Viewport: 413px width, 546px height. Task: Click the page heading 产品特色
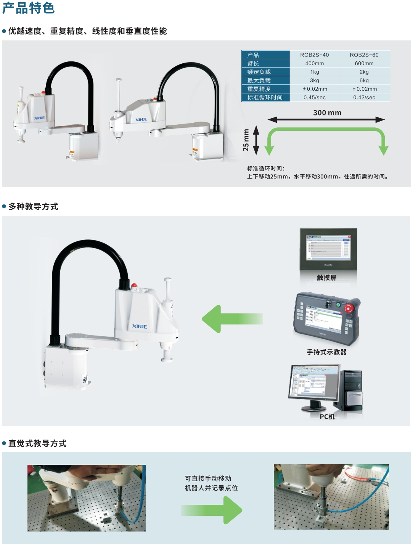coord(29,8)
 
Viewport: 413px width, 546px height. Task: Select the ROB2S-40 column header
coord(314,55)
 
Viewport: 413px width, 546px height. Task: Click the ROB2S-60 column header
coord(364,55)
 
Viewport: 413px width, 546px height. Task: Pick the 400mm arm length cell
coord(314,63)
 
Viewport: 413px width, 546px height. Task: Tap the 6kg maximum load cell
coord(364,80)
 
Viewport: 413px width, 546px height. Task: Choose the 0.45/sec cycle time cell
coord(314,97)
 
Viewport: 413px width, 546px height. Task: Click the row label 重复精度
coord(259,89)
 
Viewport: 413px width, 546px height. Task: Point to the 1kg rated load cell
coord(314,72)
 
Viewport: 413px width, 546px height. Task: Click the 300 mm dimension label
coord(327,113)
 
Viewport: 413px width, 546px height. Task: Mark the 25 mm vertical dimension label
coord(246,140)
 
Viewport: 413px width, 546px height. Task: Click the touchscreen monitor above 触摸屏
coord(328,249)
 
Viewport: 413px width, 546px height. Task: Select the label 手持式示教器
coord(326,352)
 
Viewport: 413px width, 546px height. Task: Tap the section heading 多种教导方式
coord(33,207)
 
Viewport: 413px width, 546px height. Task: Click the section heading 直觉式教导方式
coord(37,443)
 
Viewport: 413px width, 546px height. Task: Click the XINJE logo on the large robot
coord(139,326)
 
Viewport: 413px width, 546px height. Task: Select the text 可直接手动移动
coord(208,478)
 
